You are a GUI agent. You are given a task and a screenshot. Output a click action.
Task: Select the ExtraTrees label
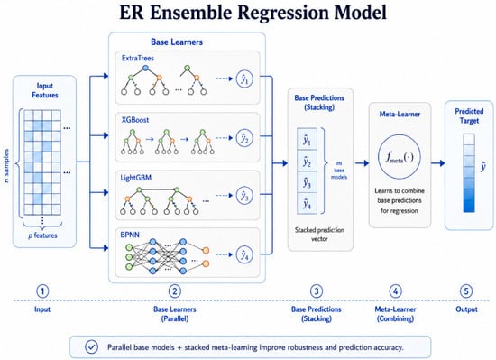(x=138, y=59)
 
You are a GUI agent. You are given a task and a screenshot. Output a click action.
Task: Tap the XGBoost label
(x=135, y=120)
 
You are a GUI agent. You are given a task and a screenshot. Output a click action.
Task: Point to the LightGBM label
(x=136, y=178)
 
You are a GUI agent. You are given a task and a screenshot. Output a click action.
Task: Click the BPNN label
(x=130, y=235)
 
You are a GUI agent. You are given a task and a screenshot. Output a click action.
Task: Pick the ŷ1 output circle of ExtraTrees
(x=244, y=78)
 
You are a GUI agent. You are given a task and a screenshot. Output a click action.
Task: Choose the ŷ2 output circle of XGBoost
(x=244, y=138)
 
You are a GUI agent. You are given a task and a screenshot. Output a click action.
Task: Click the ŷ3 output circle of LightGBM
(x=244, y=196)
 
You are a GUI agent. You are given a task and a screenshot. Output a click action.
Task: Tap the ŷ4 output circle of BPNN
(x=244, y=254)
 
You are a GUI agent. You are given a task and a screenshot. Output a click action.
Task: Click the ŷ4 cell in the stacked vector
(x=307, y=204)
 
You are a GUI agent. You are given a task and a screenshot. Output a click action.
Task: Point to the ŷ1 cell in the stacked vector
(x=307, y=139)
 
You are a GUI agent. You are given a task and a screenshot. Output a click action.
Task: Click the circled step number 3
(x=317, y=291)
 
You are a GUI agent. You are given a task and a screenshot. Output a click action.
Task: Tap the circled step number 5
(x=466, y=291)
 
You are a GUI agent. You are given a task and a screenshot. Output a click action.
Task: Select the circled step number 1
(x=42, y=291)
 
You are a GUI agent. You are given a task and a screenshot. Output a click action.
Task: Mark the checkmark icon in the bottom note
(x=91, y=346)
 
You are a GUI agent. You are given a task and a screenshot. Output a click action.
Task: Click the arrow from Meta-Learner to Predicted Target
(x=437, y=163)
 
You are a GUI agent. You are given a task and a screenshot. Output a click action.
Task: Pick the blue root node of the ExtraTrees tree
(x=145, y=68)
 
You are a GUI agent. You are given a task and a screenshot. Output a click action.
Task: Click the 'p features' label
(x=42, y=235)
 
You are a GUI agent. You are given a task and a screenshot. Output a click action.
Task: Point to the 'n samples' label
(x=6, y=166)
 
